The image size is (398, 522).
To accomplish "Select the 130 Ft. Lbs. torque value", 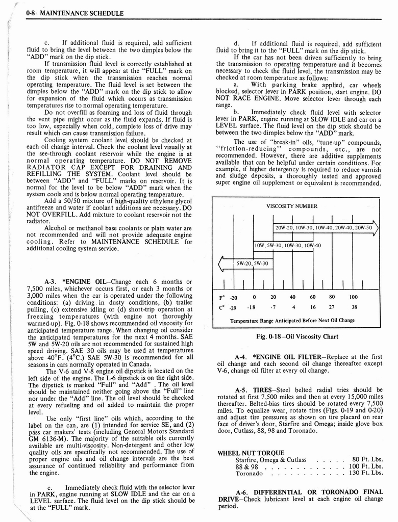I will click(x=365, y=473).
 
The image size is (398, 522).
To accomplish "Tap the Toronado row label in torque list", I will click(x=249, y=473).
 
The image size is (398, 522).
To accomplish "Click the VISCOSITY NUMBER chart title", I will click(x=292, y=206).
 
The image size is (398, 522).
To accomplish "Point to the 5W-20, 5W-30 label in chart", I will click(x=253, y=264).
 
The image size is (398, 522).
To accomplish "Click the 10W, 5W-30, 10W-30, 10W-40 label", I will click(x=287, y=245).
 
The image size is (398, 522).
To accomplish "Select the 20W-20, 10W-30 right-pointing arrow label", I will click(x=324, y=227).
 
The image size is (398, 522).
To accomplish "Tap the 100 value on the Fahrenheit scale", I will click(x=354, y=297).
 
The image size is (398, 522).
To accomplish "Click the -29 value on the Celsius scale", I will click(x=233, y=308).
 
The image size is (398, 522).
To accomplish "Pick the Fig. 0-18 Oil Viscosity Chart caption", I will click(x=296, y=336).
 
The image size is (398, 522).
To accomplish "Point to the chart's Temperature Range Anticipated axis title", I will click(x=292, y=321).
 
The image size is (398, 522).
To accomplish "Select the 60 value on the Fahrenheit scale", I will click(x=313, y=297).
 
